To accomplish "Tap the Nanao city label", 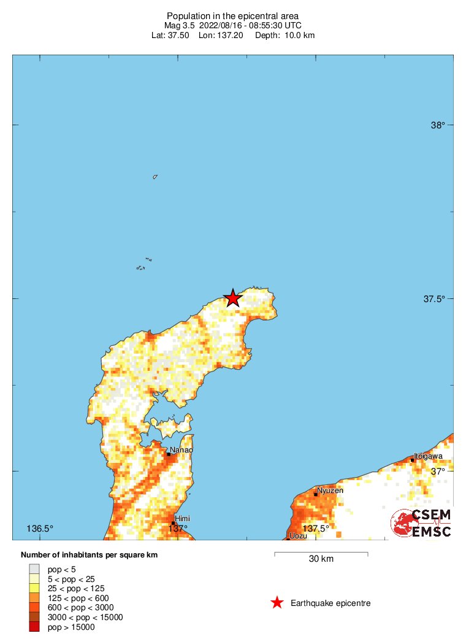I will [x=181, y=450].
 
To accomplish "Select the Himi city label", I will [x=182, y=519].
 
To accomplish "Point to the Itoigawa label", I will [x=428, y=456].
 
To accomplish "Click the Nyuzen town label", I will [x=330, y=490].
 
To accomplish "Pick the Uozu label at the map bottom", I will [x=297, y=536].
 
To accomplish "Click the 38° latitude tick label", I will [x=437, y=125].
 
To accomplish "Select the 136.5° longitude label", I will [x=40, y=529].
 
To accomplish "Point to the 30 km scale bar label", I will [x=321, y=559].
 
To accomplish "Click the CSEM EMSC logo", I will [x=422, y=523].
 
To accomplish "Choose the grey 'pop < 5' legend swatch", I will [x=34, y=569].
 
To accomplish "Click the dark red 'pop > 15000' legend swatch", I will [x=34, y=627].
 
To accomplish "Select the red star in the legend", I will [x=277, y=603].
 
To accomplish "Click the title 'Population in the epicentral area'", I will [x=232, y=15].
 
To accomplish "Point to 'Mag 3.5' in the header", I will [x=178, y=25].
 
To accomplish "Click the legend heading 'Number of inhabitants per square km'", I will [x=90, y=555].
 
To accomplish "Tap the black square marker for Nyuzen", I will [x=316, y=494].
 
